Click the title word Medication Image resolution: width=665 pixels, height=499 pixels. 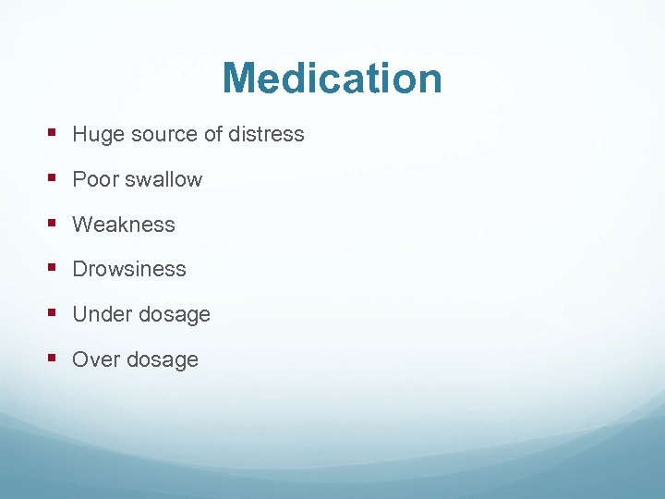point(332,79)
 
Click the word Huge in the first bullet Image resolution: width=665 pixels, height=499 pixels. point(97,135)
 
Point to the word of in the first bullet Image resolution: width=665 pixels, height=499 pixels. point(213,135)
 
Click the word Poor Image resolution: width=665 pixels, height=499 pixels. point(94,179)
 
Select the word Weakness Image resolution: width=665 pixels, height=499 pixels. point(124,225)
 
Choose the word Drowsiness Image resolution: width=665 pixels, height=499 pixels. point(129,270)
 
